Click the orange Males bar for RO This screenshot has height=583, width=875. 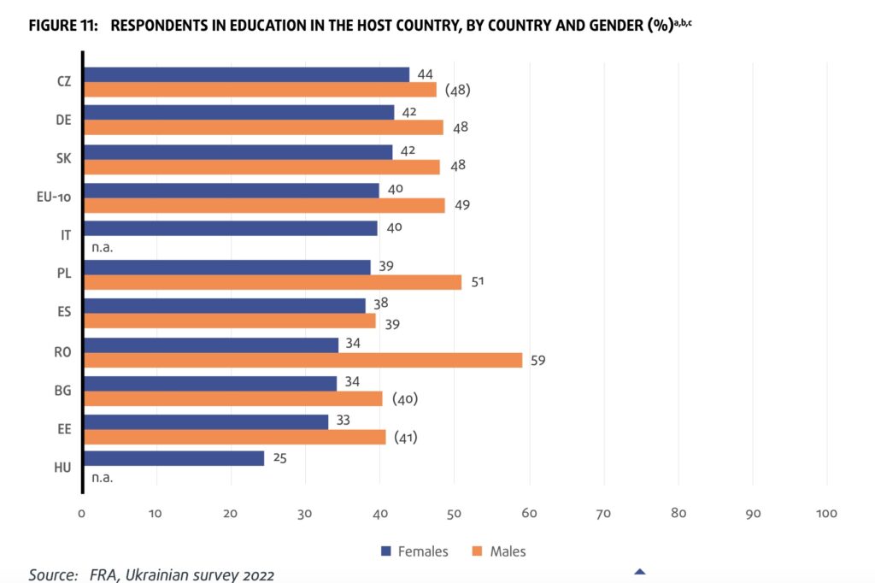(303, 360)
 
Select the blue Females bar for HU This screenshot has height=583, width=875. (174, 458)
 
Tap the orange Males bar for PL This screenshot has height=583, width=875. (273, 282)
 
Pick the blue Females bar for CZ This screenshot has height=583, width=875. (247, 74)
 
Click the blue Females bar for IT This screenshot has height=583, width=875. (231, 228)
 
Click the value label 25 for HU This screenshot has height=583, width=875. (278, 458)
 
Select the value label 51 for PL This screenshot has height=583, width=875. (477, 282)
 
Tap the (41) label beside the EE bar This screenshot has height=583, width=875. (405, 438)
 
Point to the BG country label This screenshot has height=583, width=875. (62, 390)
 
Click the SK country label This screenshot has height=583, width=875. (63, 158)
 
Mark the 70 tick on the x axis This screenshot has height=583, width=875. (604, 514)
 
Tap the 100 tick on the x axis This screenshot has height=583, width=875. (826, 514)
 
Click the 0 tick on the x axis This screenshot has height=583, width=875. (82, 514)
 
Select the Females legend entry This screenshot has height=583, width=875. (414, 551)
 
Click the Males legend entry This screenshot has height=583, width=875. (499, 551)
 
